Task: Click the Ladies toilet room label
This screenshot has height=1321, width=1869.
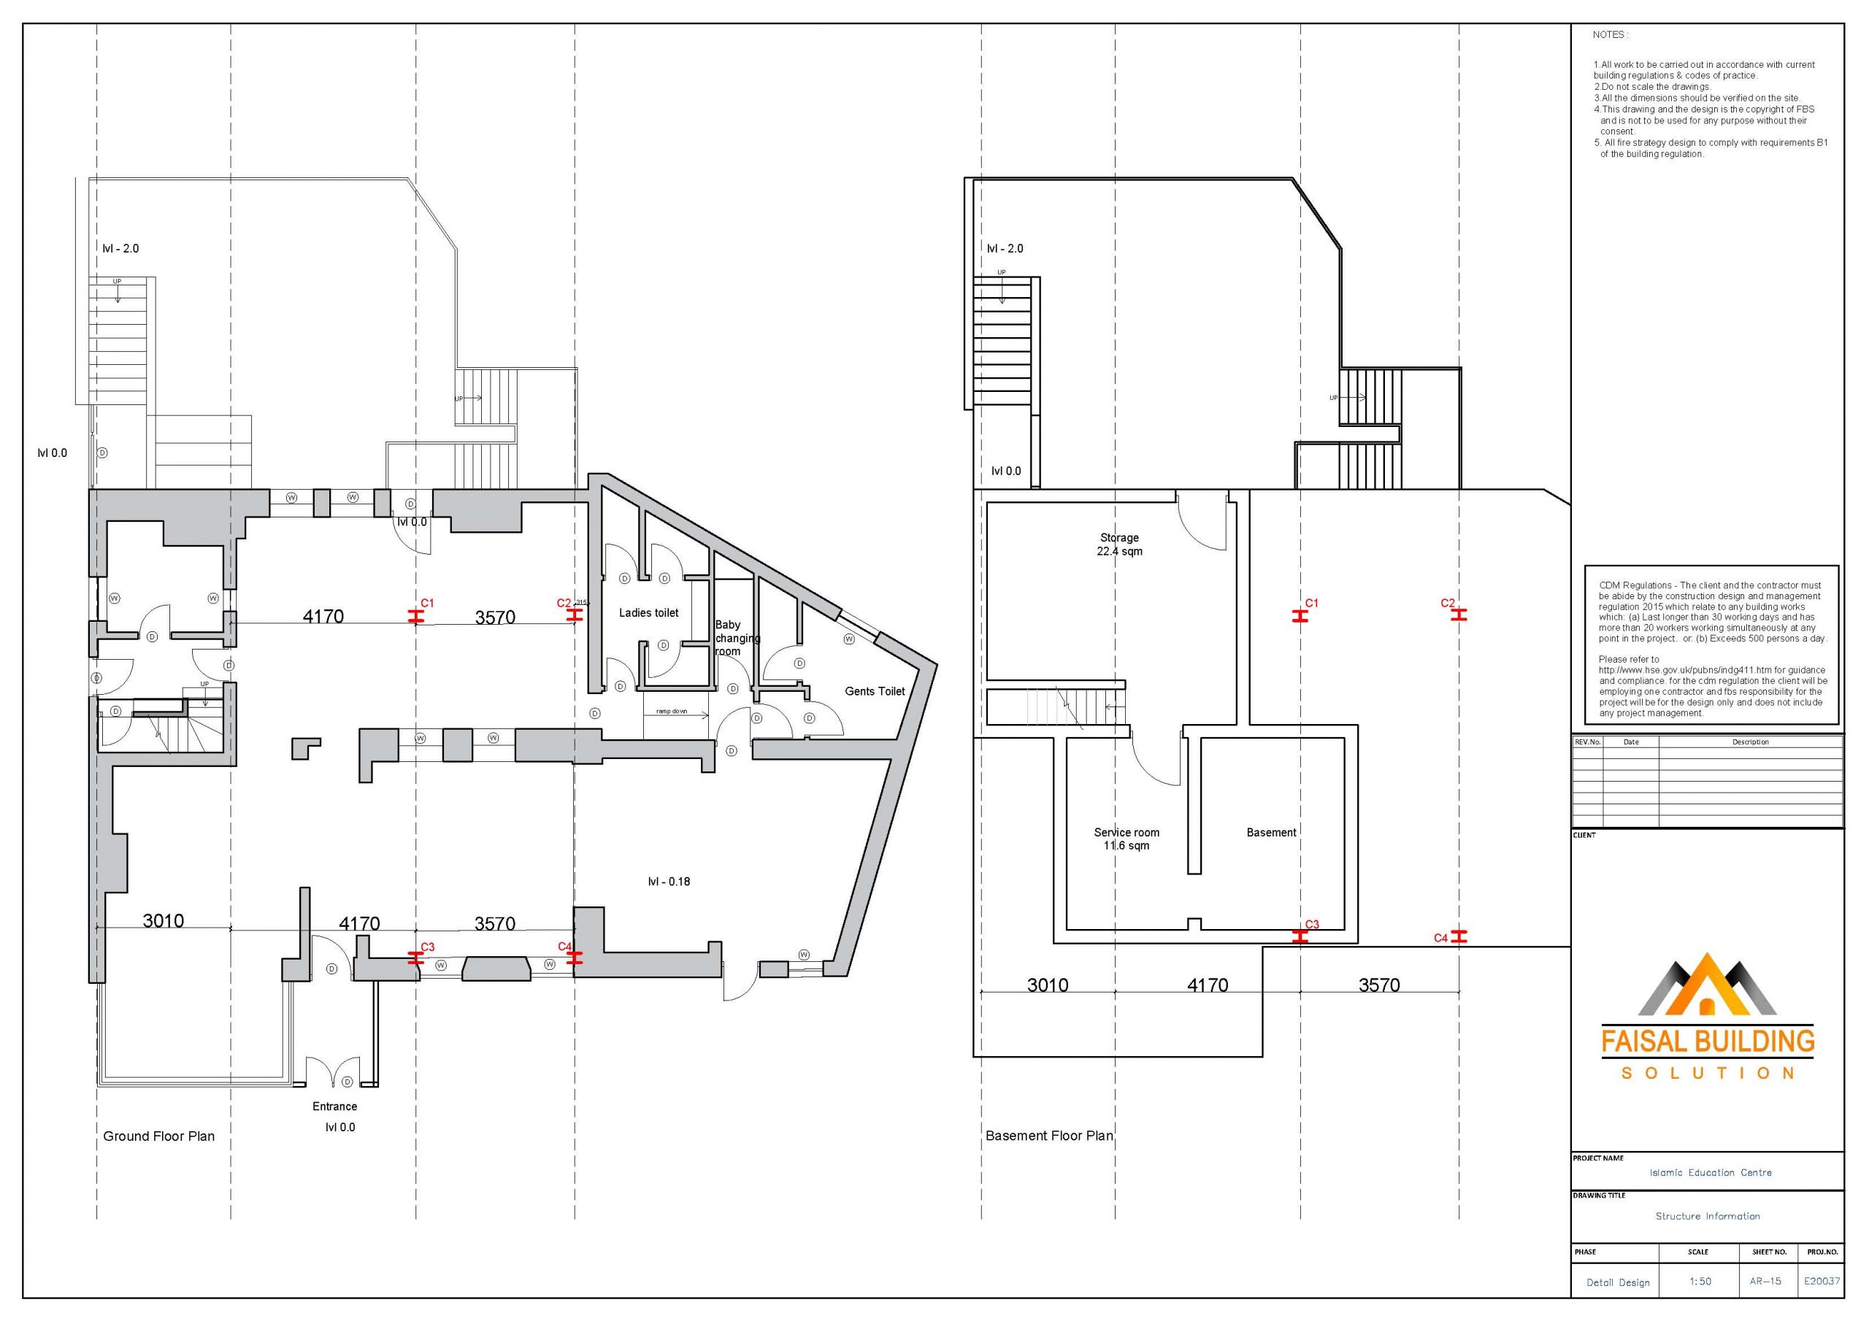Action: [648, 613]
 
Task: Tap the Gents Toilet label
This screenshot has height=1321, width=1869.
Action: [875, 691]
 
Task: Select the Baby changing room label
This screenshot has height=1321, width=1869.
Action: [737, 638]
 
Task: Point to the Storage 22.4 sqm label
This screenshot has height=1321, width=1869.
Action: [1119, 544]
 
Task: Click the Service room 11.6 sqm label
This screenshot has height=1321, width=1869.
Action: [1127, 839]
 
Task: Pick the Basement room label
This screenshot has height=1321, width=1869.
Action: [1272, 833]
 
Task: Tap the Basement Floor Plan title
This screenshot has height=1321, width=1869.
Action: [1049, 1136]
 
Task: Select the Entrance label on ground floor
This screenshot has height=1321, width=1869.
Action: [334, 1106]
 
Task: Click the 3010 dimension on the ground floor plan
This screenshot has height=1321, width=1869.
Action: [163, 920]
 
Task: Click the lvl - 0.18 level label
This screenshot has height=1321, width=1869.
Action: [669, 882]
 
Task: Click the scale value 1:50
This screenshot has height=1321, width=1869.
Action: [1699, 1282]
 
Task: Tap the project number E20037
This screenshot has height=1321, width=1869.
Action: [1821, 1281]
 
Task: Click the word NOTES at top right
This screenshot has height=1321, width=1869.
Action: [1609, 35]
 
